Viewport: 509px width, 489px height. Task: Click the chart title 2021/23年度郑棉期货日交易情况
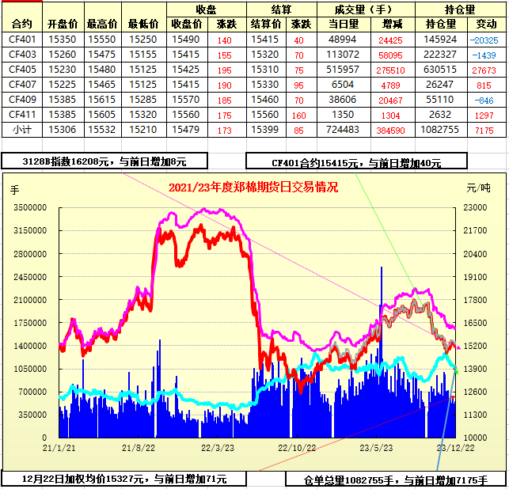(253, 188)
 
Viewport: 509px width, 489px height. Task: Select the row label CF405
(22, 69)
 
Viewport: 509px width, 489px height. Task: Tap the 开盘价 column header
(63, 25)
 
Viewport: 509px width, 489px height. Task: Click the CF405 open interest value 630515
(440, 69)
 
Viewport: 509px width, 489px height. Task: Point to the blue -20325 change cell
(483, 39)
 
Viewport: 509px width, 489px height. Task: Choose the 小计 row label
(22, 129)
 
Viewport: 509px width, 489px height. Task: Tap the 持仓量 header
(460, 9)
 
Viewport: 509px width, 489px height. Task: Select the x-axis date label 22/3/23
(218, 448)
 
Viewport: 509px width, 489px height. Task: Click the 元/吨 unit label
(478, 188)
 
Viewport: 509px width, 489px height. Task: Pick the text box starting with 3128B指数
(104, 161)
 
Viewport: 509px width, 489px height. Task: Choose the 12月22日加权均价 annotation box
(124, 479)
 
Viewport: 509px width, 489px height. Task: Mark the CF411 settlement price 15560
(265, 114)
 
